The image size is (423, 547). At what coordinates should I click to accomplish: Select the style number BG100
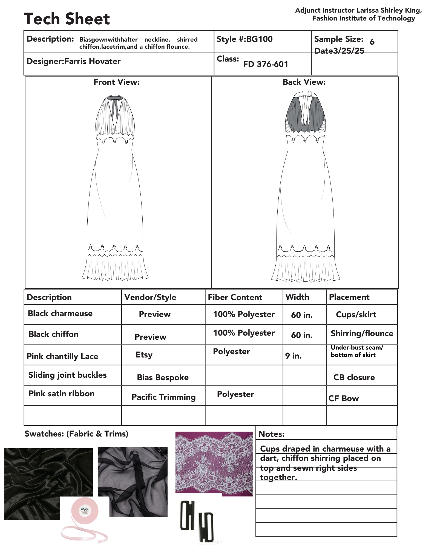click(259, 39)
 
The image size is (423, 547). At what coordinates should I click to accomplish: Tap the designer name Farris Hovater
click(92, 61)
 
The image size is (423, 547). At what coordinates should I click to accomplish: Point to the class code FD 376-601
click(265, 64)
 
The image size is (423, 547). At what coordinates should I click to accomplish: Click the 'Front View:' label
click(116, 82)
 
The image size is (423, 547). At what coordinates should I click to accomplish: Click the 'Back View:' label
click(304, 82)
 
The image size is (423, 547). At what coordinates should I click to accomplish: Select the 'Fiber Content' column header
click(235, 297)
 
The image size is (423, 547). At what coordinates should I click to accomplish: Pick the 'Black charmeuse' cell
click(60, 313)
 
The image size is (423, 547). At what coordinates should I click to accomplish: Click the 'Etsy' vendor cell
click(144, 355)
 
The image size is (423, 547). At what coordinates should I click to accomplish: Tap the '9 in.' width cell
click(293, 356)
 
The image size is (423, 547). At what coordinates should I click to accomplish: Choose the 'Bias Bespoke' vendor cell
click(163, 377)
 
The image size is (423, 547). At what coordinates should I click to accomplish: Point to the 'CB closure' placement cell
click(354, 377)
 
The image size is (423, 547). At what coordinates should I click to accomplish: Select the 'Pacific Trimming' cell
click(163, 397)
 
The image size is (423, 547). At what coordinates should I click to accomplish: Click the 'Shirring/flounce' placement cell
click(362, 333)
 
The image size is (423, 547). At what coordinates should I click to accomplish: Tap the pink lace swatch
click(214, 464)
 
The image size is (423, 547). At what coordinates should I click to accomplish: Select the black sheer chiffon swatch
click(133, 481)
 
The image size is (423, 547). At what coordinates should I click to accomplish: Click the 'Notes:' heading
click(271, 434)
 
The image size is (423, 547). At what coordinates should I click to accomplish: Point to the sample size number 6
click(372, 42)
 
